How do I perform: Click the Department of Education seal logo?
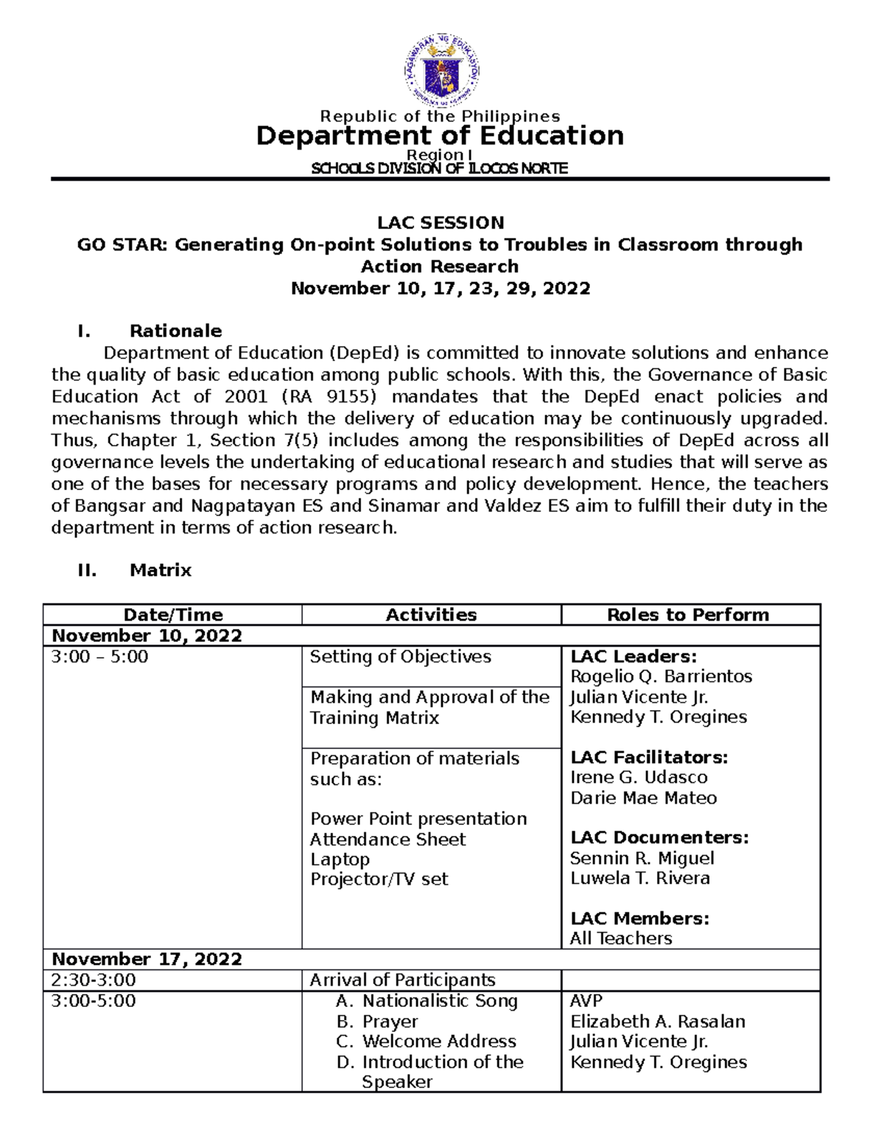pyautogui.click(x=441, y=71)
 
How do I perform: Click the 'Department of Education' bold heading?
pyautogui.click(x=440, y=136)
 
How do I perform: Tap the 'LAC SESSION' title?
pyautogui.click(x=441, y=222)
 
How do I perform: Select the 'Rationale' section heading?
pyautogui.click(x=175, y=331)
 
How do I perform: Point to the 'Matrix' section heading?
pyautogui.click(x=161, y=570)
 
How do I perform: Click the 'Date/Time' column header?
pyautogui.click(x=173, y=615)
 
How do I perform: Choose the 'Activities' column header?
pyautogui.click(x=431, y=615)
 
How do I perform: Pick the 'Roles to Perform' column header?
pyautogui.click(x=687, y=615)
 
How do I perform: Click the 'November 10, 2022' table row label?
pyautogui.click(x=147, y=636)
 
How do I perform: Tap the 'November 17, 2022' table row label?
pyautogui.click(x=147, y=959)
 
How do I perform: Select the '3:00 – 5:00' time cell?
pyautogui.click(x=99, y=657)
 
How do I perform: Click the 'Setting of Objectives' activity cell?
pyautogui.click(x=400, y=657)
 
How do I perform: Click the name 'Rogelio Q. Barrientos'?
pyautogui.click(x=661, y=677)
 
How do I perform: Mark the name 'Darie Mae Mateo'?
pyautogui.click(x=643, y=798)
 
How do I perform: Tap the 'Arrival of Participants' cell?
pyautogui.click(x=402, y=980)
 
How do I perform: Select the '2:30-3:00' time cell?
pyautogui.click(x=93, y=980)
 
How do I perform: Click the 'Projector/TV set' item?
pyautogui.click(x=379, y=880)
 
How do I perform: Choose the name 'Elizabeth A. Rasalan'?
pyautogui.click(x=657, y=1022)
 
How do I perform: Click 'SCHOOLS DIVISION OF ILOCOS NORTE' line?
pyautogui.click(x=440, y=169)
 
